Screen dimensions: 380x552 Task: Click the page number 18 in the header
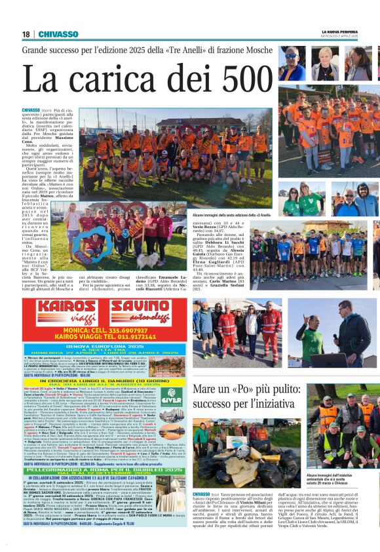26,34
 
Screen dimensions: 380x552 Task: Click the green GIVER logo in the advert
172,395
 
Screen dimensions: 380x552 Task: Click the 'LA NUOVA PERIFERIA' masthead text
339,31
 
